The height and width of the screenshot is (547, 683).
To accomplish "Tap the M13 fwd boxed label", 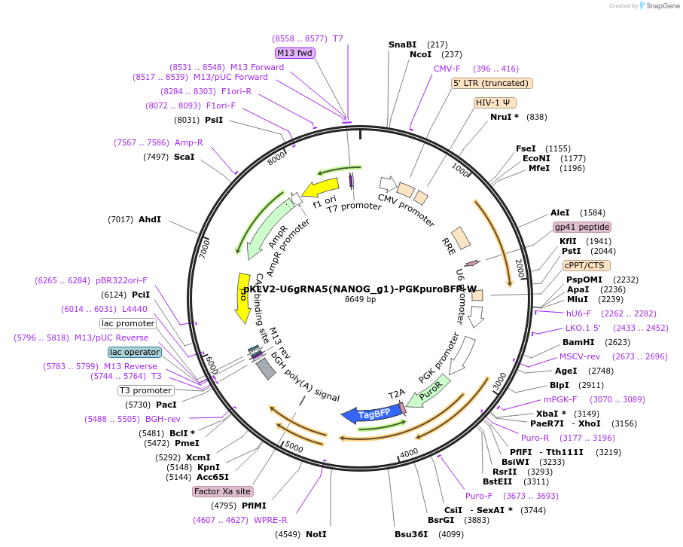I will [295, 53].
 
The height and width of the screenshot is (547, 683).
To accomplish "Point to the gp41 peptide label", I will [581, 227].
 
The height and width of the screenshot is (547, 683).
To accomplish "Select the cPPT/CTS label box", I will [587, 265].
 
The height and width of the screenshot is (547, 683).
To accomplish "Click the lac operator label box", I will [135, 352].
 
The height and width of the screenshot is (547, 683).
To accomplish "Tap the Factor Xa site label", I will [222, 491].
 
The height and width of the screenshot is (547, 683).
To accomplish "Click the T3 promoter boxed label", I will [145, 390].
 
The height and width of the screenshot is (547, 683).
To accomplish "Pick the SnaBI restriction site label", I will [402, 44].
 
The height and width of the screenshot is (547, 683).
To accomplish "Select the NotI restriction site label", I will [316, 534].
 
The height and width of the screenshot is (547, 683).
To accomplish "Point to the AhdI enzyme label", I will [150, 219].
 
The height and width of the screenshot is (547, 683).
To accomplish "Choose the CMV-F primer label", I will [447, 69].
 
